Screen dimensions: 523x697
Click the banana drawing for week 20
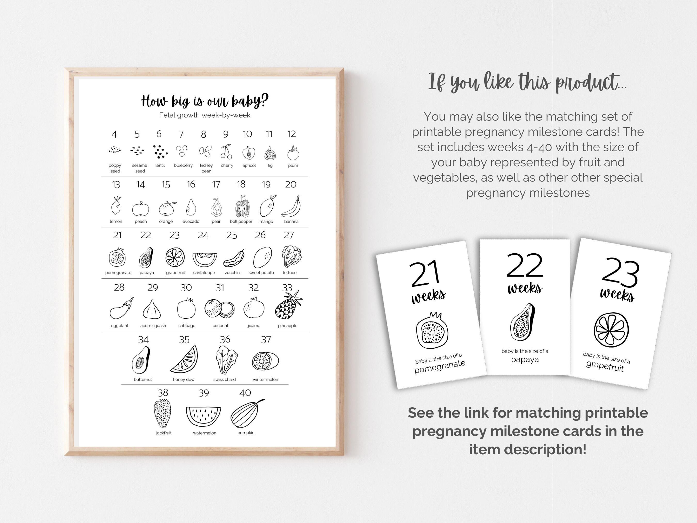(x=291, y=207)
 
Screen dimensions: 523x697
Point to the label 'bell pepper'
(x=241, y=222)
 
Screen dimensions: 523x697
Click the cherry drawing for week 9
(x=226, y=152)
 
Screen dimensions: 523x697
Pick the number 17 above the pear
(x=216, y=184)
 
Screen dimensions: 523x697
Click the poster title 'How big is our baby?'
(x=205, y=101)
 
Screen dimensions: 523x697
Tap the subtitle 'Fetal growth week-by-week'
(x=205, y=115)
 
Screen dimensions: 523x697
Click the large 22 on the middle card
(x=525, y=266)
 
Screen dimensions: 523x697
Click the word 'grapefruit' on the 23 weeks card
(x=605, y=366)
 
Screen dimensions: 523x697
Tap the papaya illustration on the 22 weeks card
(x=523, y=322)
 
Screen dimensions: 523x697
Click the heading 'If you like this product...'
(x=528, y=83)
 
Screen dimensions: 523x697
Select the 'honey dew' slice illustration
(x=185, y=360)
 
